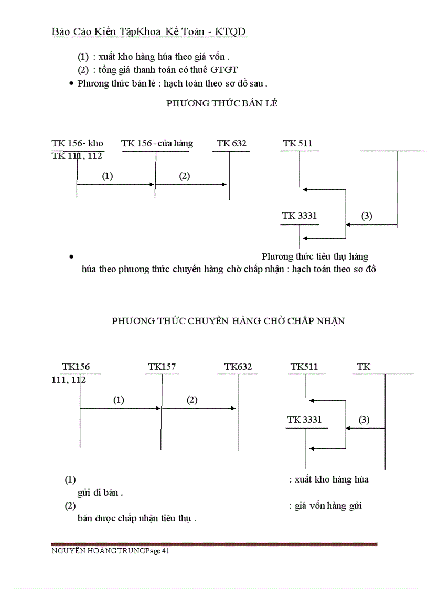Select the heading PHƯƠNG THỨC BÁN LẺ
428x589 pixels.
222,103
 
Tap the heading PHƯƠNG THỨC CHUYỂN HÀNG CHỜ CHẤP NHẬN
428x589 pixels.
228,321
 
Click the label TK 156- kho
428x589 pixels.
77,143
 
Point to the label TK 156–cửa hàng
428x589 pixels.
157,143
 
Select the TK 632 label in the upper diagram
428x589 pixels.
231,143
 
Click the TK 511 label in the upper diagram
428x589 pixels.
297,143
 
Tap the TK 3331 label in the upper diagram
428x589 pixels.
299,216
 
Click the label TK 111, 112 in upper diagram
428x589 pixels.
77,156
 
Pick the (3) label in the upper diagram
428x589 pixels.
367,216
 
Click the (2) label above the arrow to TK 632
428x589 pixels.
184,176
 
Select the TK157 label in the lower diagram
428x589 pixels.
162,367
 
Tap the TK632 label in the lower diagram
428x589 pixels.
238,367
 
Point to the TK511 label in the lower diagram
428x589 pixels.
304,367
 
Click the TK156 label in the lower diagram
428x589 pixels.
76,367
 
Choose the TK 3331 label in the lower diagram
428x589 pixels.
304,420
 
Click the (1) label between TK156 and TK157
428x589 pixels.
119,400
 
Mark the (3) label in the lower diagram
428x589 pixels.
364,420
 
